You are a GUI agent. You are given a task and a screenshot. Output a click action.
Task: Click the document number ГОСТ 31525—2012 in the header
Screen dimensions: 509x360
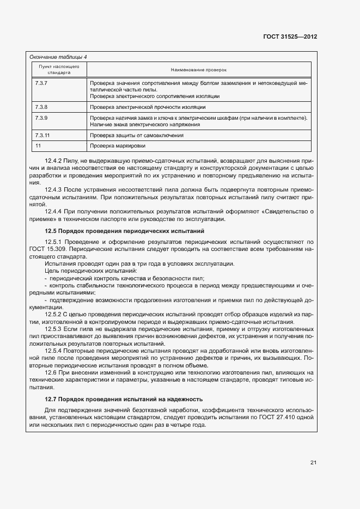pyautogui.click(x=290, y=36)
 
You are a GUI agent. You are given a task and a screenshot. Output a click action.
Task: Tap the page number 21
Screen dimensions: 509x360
pyautogui.click(x=313, y=463)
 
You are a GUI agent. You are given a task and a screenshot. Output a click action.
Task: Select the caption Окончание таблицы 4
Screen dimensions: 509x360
pyautogui.click(x=58, y=57)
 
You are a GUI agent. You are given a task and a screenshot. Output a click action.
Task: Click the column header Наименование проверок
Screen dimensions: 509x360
pyautogui.click(x=198, y=70)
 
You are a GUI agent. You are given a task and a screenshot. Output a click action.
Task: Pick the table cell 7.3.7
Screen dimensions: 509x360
pyautogui.click(x=41, y=83)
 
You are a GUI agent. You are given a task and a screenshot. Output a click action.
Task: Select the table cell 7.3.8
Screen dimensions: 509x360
pyautogui.click(x=41, y=107)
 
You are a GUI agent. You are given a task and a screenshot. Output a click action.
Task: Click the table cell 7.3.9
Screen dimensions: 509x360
pyautogui.click(x=41, y=118)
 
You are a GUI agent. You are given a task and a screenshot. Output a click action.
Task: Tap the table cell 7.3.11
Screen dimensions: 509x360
pyautogui.click(x=42, y=135)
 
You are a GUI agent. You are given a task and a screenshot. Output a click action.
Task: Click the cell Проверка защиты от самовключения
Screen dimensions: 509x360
pyautogui.click(x=137, y=135)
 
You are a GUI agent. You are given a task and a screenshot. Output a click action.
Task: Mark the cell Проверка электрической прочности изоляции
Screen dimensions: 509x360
pyautogui.click(x=148, y=107)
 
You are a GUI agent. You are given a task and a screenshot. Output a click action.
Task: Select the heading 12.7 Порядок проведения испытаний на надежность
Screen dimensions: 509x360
pyautogui.click(x=124, y=399)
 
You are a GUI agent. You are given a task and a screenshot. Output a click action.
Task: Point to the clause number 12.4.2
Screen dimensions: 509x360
pyautogui.click(x=54, y=161)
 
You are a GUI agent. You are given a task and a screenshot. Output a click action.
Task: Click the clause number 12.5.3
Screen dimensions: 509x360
pyautogui.click(x=54, y=329)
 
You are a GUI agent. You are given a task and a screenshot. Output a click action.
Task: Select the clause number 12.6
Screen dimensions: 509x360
pyautogui.click(x=51, y=372)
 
